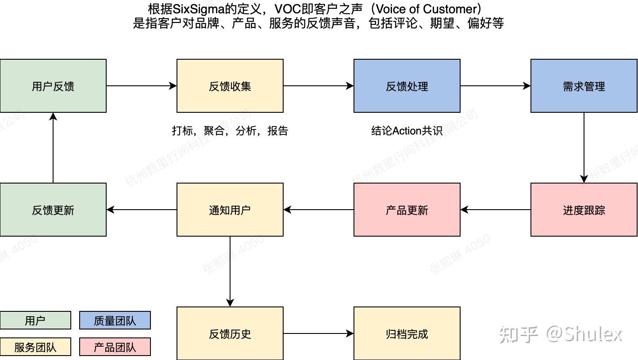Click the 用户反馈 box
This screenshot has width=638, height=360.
(x=53, y=86)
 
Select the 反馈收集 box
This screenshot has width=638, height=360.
(x=230, y=86)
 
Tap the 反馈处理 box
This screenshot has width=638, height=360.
(x=407, y=86)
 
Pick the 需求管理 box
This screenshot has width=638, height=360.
(x=584, y=86)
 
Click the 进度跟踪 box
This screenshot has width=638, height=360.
(x=584, y=210)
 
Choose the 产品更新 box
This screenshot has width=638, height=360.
(x=407, y=210)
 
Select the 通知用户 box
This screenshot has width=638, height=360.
(x=230, y=210)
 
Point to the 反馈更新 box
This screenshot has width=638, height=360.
(x=53, y=210)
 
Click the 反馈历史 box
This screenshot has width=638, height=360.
(x=230, y=333)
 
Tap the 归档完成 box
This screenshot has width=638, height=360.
(x=407, y=333)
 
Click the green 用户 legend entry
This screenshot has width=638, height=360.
(x=35, y=321)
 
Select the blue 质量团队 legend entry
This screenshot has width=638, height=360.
(x=115, y=321)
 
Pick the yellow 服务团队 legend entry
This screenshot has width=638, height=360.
(x=35, y=347)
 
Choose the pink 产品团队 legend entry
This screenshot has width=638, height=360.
(x=115, y=347)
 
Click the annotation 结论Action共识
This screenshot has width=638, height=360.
(x=407, y=131)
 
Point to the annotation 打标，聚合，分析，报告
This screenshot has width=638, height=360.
(x=230, y=131)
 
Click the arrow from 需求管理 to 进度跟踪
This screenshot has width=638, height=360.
(x=584, y=148)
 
